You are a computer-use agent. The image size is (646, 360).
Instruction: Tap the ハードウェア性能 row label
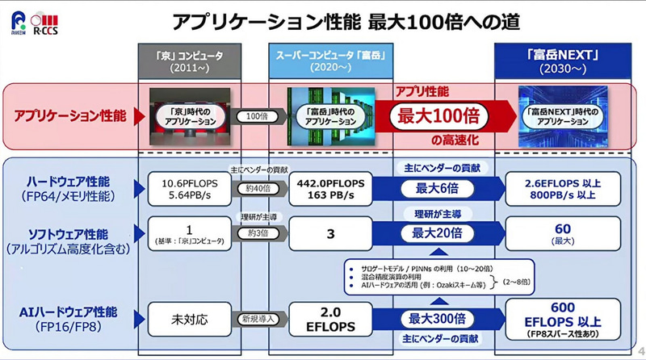[x=67, y=187]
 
